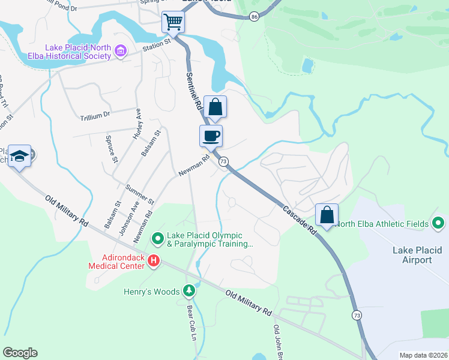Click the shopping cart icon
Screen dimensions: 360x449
tap(173, 23)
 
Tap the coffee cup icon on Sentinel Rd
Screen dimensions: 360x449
tap(211, 136)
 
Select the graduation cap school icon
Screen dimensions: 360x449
tap(19, 157)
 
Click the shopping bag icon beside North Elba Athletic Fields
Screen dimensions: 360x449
tap(327, 215)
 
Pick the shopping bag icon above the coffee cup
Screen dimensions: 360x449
tap(215, 107)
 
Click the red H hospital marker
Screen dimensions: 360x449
tap(154, 260)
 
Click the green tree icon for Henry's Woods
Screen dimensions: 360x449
tap(190, 292)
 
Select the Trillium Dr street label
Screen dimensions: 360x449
tap(95, 115)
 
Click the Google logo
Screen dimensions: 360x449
tap(20, 353)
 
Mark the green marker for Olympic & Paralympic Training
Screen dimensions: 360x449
tap(158, 239)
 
